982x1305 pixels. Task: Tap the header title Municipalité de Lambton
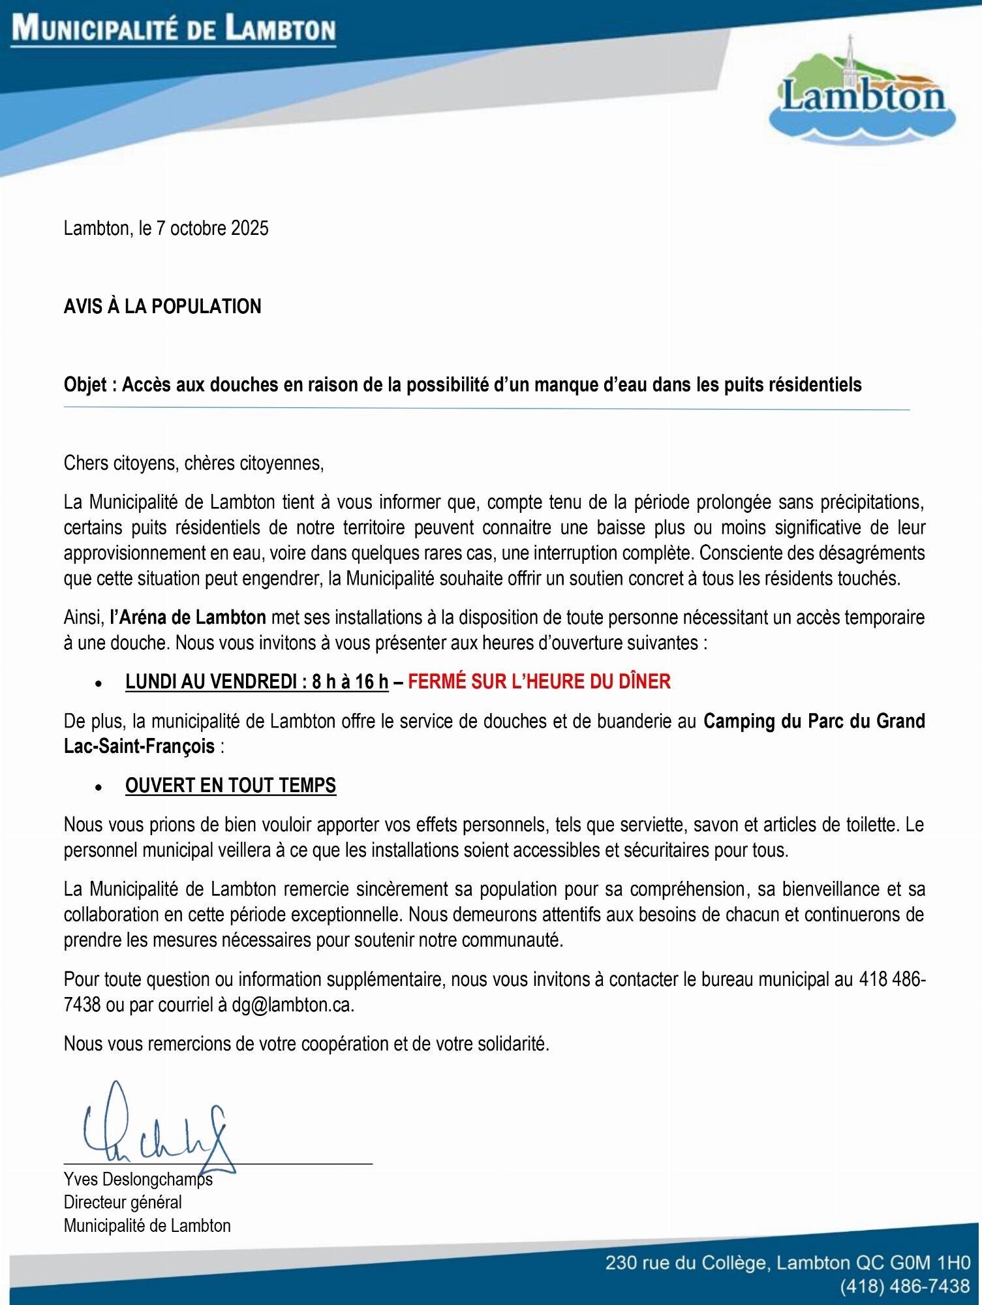pos(174,30)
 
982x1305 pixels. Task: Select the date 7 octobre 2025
pos(213,228)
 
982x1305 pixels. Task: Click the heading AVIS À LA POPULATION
pos(162,307)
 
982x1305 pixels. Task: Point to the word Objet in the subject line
pos(85,385)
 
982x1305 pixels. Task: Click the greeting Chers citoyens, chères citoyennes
pos(194,463)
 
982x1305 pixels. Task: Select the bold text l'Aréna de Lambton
pos(188,617)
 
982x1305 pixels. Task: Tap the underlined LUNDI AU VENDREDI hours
pos(256,682)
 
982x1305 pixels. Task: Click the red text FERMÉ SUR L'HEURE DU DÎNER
pos(539,682)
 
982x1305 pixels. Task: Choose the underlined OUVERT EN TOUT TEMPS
pos(230,786)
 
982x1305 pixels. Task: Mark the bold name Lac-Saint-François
pos(139,746)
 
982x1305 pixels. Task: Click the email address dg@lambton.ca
pos(292,1006)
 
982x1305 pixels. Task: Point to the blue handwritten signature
pos(157,1129)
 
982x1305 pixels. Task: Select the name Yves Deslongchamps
pos(138,1180)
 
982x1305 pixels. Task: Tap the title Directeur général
pos(123,1203)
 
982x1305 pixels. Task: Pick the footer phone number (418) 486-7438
pos(904,1286)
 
